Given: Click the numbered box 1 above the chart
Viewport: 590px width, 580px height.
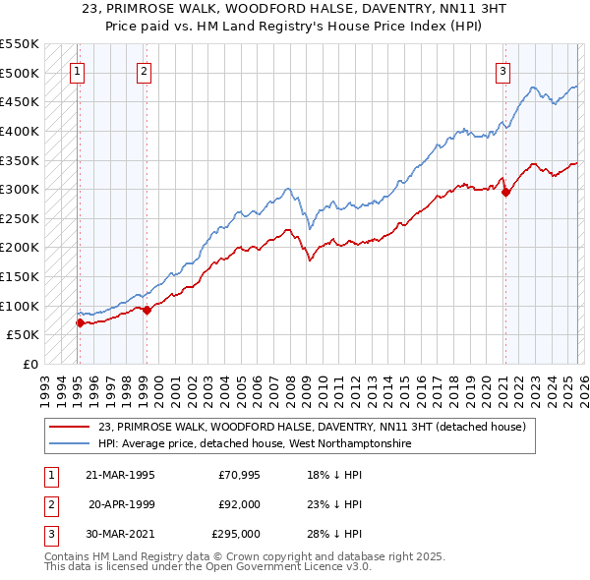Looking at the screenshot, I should click(77, 70).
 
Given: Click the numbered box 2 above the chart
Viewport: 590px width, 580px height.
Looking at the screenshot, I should click(144, 70).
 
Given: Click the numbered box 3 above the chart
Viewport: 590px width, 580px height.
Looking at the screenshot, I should click(502, 70).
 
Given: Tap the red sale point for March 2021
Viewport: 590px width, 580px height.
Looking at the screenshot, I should click(505, 193).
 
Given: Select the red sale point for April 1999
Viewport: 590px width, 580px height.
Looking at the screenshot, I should click(147, 310).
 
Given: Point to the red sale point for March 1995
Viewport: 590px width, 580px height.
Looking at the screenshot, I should click(79, 321).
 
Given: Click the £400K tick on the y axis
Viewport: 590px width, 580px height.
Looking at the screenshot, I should click(19, 131).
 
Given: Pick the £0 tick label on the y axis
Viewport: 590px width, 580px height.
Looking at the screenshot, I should click(29, 364).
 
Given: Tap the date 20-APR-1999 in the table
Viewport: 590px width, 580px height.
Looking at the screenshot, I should click(121, 504).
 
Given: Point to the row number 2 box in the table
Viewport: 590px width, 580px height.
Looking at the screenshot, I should click(50, 504).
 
